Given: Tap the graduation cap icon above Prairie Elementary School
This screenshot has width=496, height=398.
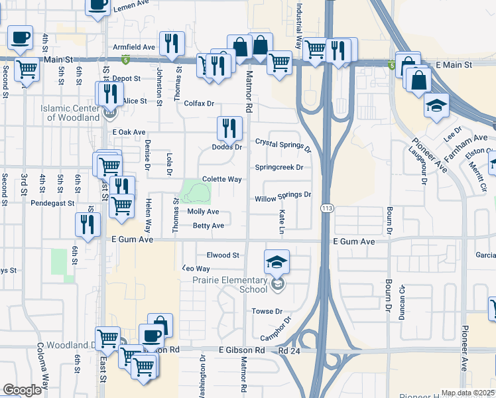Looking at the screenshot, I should click(277, 261).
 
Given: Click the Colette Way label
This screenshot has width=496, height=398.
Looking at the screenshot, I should click(221, 179).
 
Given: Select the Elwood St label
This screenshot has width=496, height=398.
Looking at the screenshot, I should click(223, 255).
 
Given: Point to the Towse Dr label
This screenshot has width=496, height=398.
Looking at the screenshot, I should click(267, 311).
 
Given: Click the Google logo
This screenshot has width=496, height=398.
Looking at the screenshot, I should click(22, 390).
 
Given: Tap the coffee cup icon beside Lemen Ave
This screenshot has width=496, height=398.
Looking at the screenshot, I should click(98, 5).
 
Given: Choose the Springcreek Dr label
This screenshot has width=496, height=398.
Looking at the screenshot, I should click(279, 167).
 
